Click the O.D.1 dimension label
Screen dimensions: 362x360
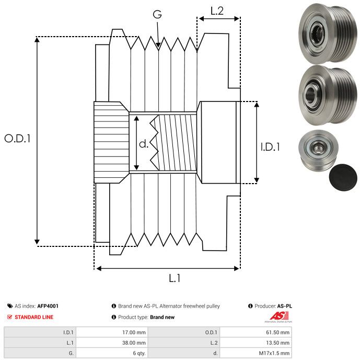pos(18,139)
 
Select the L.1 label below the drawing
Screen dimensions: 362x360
pos(175,279)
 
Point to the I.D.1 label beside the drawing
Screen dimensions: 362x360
pos(270,148)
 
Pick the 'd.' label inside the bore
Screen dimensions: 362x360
pos(144,143)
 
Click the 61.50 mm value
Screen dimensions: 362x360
pos(278,332)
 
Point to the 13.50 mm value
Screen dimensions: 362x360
pos(278,343)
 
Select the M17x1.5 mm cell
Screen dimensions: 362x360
pos(275,353)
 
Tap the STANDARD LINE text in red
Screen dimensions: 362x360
pos(34,317)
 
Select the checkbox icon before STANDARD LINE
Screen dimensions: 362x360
pos(9,317)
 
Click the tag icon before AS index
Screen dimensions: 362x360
pos(9,306)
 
